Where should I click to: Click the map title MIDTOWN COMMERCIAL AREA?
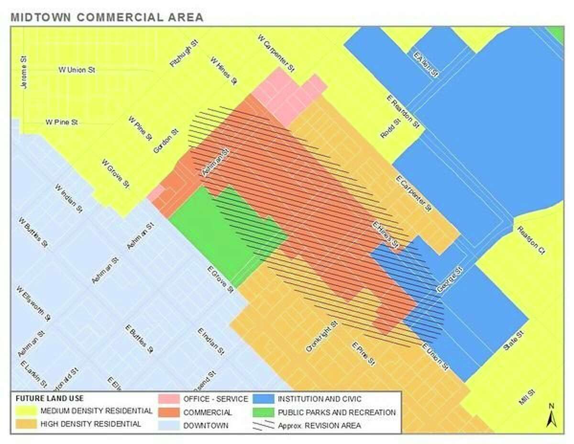coord(107,18)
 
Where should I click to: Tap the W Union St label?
coord(77,70)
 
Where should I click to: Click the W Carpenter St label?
coord(276,53)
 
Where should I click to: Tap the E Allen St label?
coord(426,64)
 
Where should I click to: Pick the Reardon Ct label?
coord(531,240)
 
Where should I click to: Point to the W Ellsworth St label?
coord(33,303)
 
